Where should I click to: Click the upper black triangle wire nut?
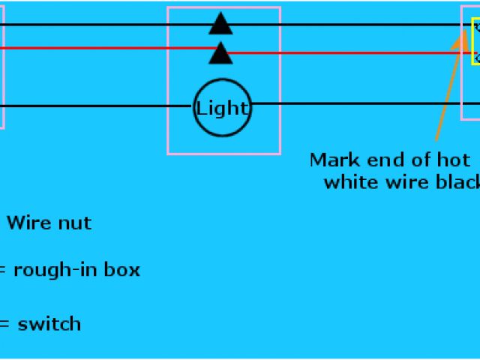pyautogui.click(x=220, y=24)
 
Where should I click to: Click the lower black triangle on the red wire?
pyautogui.click(x=220, y=53)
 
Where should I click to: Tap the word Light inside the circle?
pyautogui.click(x=222, y=108)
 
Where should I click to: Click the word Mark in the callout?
pyautogui.click(x=333, y=160)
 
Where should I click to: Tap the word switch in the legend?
pyautogui.click(x=49, y=325)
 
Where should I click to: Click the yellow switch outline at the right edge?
pyautogui.click(x=475, y=41)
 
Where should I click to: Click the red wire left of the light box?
pyautogui.click(x=90, y=49)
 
